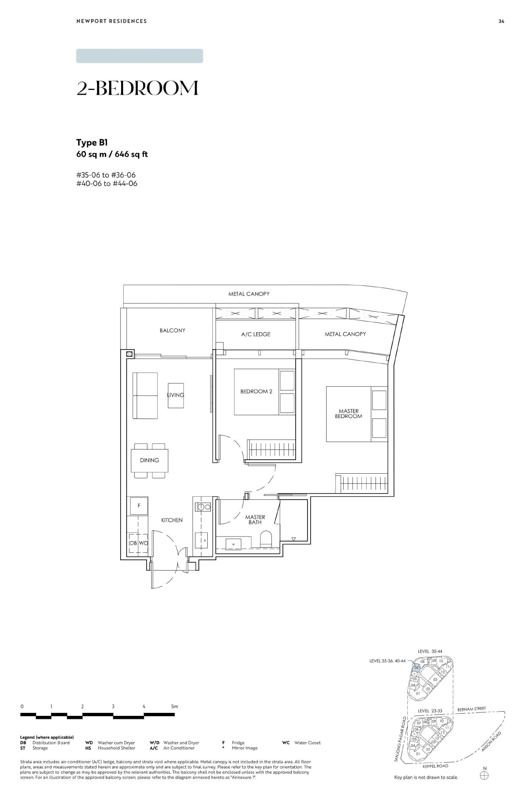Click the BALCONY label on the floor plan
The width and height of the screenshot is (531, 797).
point(172,330)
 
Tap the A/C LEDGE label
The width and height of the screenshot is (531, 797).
point(255,334)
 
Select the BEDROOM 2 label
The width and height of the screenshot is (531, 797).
point(256,391)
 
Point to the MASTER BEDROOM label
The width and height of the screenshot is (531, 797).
point(348,413)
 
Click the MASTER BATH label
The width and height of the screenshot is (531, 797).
point(255,520)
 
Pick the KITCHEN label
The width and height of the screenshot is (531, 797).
point(172,520)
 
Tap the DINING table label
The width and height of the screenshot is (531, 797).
point(150,460)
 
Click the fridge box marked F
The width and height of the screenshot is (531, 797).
point(138,506)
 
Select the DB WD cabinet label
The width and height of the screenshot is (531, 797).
point(138,543)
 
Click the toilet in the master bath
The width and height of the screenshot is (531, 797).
point(266,539)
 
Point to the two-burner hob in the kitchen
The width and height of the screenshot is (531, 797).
point(203,506)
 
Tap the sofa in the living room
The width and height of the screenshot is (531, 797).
point(145,396)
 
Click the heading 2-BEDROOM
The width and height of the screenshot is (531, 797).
point(137,88)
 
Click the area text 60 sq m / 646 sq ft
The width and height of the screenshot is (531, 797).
point(112,154)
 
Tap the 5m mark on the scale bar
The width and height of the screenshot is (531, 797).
point(174,706)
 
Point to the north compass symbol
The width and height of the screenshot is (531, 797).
point(484,775)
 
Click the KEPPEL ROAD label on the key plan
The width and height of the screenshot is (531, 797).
point(435,766)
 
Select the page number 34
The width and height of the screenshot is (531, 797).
point(501,21)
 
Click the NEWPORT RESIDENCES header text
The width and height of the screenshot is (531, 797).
point(111,21)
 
